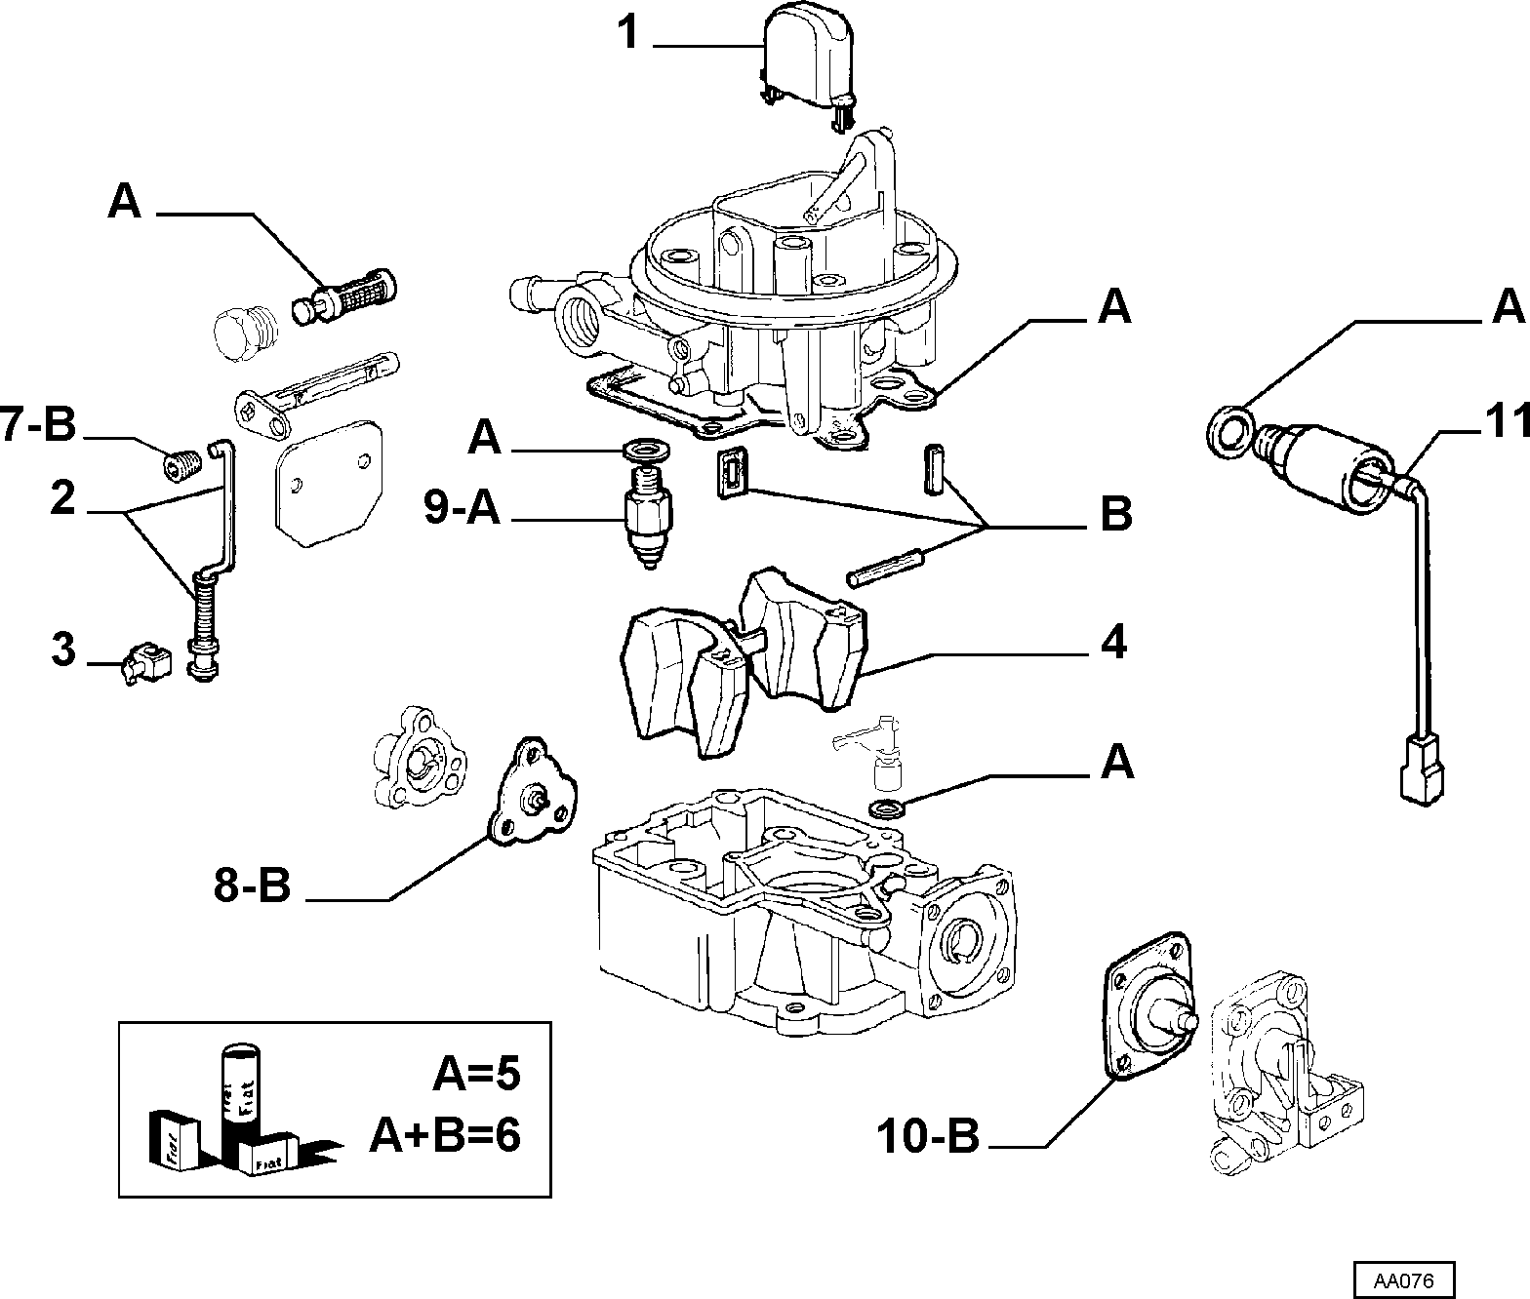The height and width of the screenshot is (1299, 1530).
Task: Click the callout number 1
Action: (627, 34)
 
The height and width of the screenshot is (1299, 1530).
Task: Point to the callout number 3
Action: (62, 648)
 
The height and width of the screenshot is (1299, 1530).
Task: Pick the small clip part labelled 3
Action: (145, 662)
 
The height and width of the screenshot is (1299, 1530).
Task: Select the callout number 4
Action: (1113, 642)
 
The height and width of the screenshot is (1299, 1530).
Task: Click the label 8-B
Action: (252, 886)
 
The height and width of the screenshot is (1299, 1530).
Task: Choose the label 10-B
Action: (928, 1135)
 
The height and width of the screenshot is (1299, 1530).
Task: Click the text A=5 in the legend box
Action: (477, 1074)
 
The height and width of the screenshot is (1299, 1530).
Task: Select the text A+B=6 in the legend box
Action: (446, 1135)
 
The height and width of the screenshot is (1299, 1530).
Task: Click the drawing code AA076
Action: (1404, 1279)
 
